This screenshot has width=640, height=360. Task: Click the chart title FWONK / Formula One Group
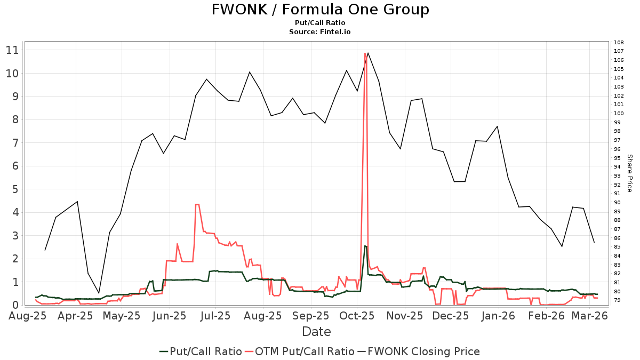(x=320, y=10)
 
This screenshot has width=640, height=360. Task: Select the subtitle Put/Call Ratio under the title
(x=320, y=23)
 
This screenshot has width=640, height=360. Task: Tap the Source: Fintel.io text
(x=320, y=32)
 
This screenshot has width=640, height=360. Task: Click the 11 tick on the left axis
(x=12, y=50)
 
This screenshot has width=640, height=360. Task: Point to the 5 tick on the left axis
(x=15, y=189)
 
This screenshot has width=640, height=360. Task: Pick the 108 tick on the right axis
(x=619, y=42)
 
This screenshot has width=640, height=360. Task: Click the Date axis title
(x=316, y=331)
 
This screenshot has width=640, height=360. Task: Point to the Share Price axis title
(x=629, y=173)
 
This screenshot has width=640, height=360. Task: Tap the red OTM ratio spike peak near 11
(x=365, y=53)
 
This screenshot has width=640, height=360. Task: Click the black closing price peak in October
(x=368, y=53)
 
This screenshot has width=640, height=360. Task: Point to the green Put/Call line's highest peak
(x=365, y=246)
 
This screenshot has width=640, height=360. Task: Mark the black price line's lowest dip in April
(x=99, y=293)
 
